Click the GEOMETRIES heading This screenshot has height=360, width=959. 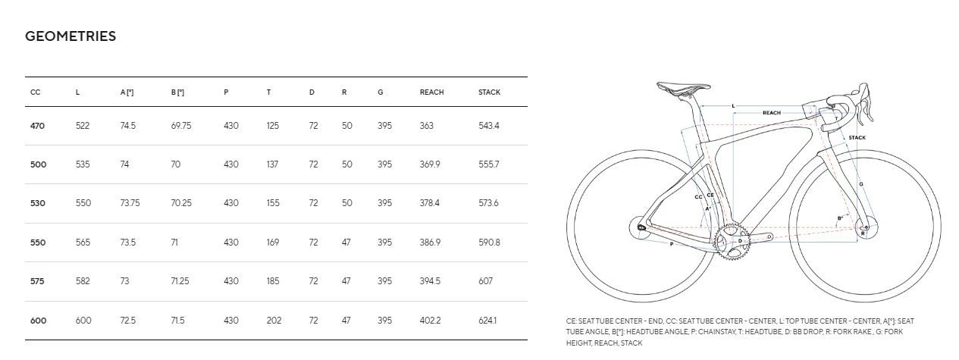[x=71, y=36]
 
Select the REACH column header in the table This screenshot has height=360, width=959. [x=431, y=92]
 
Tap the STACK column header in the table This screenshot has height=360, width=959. [x=489, y=92]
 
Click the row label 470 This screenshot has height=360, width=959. [x=37, y=126]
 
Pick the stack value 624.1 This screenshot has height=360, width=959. [x=489, y=321]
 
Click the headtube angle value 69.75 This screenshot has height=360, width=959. [x=181, y=126]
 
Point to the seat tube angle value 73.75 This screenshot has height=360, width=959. [x=130, y=203]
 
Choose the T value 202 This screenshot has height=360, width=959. [x=274, y=321]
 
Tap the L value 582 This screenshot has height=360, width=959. [x=83, y=281]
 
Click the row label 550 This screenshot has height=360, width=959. [x=37, y=243]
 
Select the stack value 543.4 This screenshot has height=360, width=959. [x=489, y=126]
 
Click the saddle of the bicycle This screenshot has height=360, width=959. [x=682, y=87]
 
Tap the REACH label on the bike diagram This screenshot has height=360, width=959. [x=771, y=113]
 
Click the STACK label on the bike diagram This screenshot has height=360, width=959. [x=857, y=138]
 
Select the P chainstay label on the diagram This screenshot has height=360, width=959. [x=671, y=244]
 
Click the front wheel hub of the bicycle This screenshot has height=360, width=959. [x=865, y=226]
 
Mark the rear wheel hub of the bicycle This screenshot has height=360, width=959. [x=641, y=227]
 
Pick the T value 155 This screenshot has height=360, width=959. [x=273, y=203]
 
